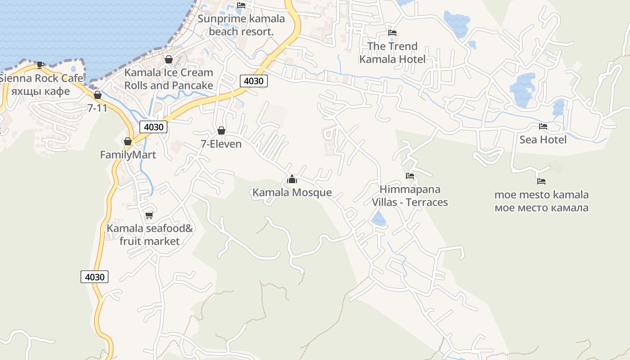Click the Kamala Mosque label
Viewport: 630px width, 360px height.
click(x=292, y=193)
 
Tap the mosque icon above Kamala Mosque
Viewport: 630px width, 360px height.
click(x=292, y=180)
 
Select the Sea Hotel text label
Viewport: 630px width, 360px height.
click(x=543, y=139)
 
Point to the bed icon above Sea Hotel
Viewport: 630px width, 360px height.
click(x=543, y=126)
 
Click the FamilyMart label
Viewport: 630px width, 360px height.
click(x=128, y=155)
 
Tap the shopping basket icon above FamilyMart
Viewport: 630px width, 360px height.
click(x=128, y=141)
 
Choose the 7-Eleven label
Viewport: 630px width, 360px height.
click(x=221, y=144)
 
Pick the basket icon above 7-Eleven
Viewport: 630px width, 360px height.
click(x=221, y=130)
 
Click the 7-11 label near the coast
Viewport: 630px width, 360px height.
click(x=97, y=108)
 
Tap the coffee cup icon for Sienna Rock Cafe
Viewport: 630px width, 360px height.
click(x=40, y=65)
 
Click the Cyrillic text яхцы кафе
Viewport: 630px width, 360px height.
click(x=40, y=91)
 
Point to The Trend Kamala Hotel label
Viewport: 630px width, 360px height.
click(x=392, y=53)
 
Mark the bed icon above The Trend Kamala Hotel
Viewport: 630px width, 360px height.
click(x=392, y=33)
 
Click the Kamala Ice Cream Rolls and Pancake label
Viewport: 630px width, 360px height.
click(x=169, y=79)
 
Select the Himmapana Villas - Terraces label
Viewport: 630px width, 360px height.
click(x=409, y=196)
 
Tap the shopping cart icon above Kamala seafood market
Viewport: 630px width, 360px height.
click(x=149, y=215)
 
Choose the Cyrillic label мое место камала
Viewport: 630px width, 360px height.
click(x=541, y=208)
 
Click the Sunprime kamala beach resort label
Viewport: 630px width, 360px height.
click(x=241, y=25)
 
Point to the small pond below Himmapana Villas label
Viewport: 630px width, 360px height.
click(x=378, y=219)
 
